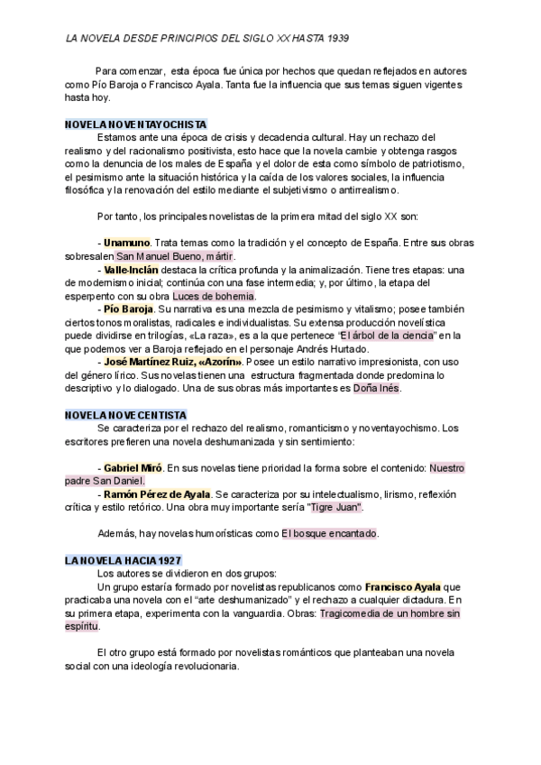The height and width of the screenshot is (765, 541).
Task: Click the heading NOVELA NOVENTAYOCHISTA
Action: [x=135, y=124]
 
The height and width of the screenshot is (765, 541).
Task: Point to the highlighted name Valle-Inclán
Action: [x=133, y=269]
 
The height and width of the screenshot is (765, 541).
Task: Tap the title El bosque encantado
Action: [x=329, y=533]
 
